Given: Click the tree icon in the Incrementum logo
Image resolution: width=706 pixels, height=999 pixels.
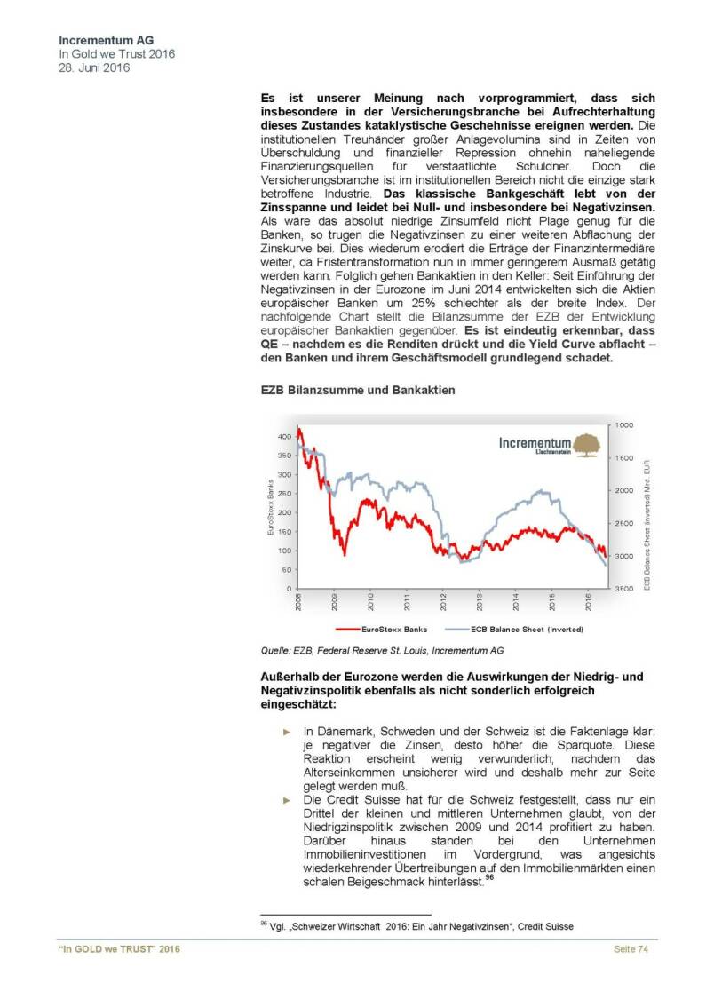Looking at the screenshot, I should click(585, 444).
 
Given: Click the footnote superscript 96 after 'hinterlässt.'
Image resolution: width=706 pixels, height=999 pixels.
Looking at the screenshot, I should click(489, 877).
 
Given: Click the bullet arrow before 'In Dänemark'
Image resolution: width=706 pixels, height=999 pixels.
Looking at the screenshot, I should click(286, 731).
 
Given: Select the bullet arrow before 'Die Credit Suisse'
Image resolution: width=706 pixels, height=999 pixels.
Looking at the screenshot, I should click(286, 800).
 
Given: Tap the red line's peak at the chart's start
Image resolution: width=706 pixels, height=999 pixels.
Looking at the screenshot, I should click(299, 429).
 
